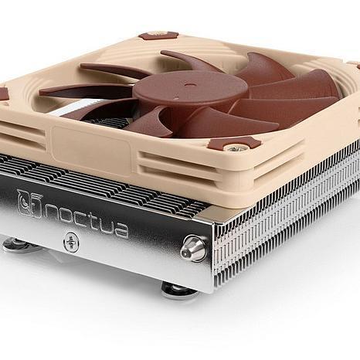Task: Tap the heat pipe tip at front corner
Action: pyautogui.click(x=194, y=248)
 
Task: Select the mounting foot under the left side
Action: pyautogui.click(x=17, y=245)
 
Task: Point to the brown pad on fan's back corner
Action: pyautogui.click(x=158, y=35)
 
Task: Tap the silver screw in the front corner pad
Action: pyautogui.click(x=235, y=145)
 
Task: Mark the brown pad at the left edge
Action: pyautogui.click(x=3, y=93)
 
